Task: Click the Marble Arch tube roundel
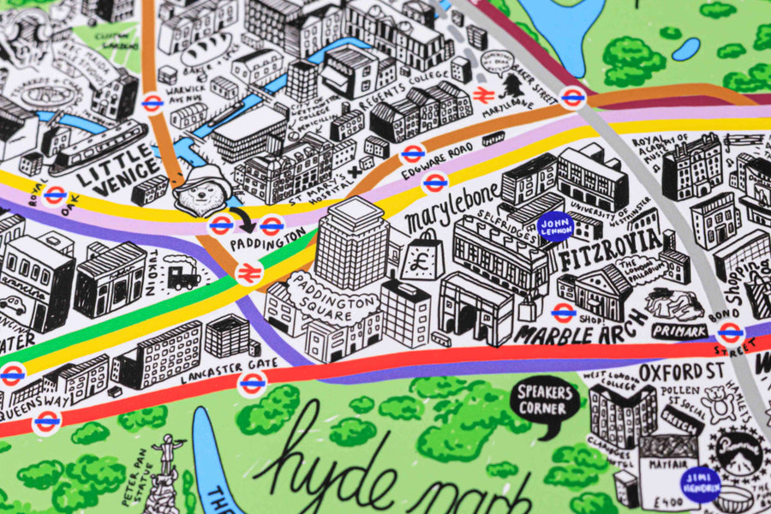click(x=563, y=313)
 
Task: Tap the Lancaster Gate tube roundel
click(x=252, y=383)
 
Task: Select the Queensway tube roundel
click(x=47, y=420)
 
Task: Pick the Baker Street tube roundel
click(x=572, y=97)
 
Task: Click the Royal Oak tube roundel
click(x=55, y=195)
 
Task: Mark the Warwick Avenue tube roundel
click(x=152, y=104)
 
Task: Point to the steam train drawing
click(x=182, y=276)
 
